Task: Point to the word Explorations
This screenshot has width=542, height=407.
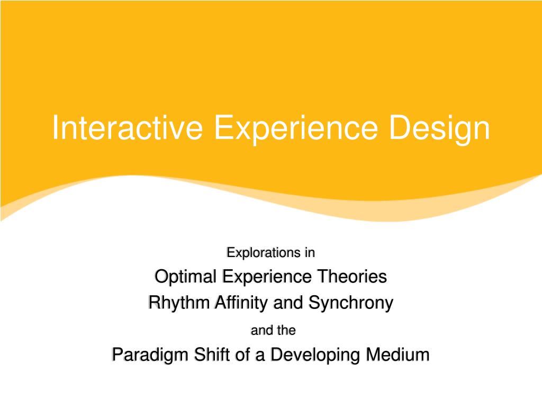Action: pos(264,253)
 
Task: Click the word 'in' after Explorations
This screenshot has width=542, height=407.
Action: pos(310,252)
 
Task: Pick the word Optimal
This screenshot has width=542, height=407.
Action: pos(186,277)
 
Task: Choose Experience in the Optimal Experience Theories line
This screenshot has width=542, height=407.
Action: pos(267,277)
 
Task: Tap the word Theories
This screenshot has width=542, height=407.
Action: pos(352,277)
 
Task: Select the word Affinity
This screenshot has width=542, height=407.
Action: pos(241,303)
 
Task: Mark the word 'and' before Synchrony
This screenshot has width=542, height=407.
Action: pos(288,303)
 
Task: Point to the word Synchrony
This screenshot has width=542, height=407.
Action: pos(350,303)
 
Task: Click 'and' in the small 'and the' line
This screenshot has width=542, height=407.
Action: pos(261,330)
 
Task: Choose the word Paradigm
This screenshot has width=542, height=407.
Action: pos(151,355)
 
